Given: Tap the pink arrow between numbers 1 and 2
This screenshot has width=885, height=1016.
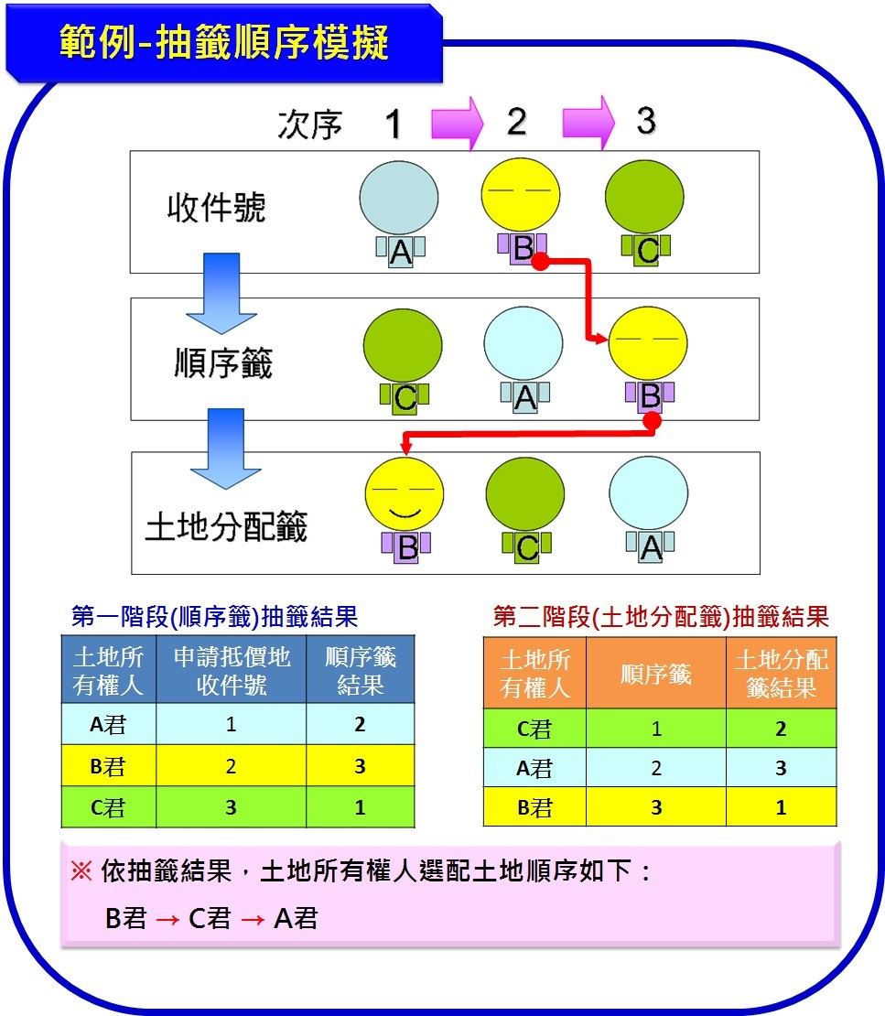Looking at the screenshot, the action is [x=458, y=123].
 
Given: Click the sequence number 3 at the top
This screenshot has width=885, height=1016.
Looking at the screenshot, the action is [x=646, y=121].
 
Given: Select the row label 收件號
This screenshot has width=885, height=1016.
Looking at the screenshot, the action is [x=216, y=208].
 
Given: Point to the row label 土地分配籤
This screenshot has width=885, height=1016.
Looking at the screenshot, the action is [x=226, y=526].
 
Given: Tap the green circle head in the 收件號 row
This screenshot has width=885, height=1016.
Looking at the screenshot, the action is [x=644, y=196].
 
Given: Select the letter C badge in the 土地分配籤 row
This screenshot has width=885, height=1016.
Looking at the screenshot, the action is [x=527, y=547].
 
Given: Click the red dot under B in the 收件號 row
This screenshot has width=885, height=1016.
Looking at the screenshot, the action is [x=540, y=261].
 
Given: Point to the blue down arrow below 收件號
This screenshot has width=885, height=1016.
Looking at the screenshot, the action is [x=221, y=294].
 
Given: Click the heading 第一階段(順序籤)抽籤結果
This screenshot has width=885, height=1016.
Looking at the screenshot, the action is [x=214, y=616].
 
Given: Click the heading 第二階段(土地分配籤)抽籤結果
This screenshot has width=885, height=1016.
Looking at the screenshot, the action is [x=661, y=616].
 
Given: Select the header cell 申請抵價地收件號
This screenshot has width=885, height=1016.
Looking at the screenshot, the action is [x=232, y=671].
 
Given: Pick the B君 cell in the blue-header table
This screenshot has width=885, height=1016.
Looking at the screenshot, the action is [x=108, y=766].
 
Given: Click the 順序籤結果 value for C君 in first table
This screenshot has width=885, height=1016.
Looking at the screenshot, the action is [x=361, y=807].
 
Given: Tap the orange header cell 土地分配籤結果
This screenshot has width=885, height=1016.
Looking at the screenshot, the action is [x=782, y=674].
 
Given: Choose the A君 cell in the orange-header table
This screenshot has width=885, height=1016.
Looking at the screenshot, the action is [x=534, y=769].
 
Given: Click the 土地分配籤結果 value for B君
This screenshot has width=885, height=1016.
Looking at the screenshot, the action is [x=782, y=807].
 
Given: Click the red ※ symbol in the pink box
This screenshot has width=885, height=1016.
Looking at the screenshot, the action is [x=81, y=870].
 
